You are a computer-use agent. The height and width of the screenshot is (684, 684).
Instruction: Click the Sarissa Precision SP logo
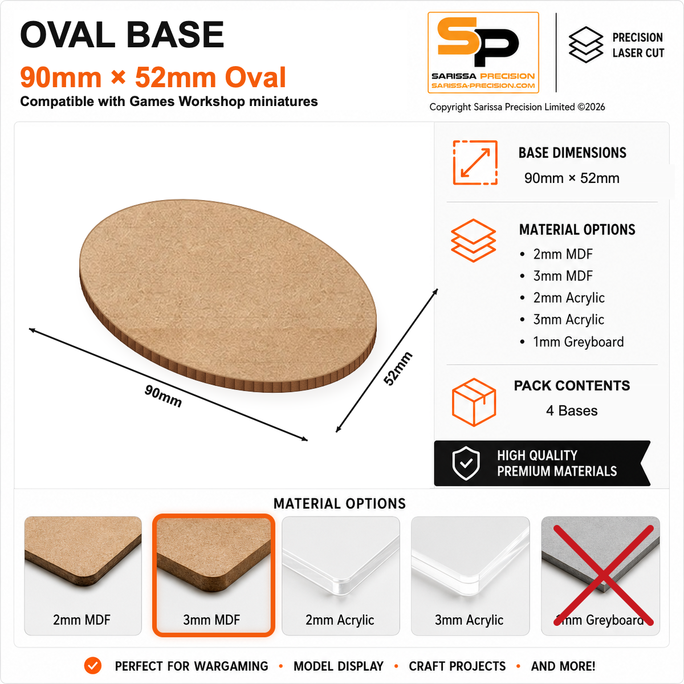[483, 52]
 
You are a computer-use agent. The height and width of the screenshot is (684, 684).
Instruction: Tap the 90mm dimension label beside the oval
[163, 396]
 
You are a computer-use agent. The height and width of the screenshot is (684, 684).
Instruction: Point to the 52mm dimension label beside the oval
[397, 368]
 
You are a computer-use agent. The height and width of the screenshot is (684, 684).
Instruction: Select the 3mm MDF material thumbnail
[213, 575]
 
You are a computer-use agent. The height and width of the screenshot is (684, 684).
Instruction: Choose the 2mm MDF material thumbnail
[83, 576]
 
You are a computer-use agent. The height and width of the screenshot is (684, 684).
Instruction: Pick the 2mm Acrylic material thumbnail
[340, 576]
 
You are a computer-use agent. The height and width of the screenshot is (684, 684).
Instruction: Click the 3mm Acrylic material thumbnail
[470, 576]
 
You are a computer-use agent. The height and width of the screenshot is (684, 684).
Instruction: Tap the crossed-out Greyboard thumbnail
[600, 576]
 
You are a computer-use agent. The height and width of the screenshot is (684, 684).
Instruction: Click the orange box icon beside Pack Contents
[474, 402]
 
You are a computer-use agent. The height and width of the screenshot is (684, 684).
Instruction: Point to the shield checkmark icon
[466, 463]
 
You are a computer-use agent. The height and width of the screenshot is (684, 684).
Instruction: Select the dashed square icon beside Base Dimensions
[475, 162]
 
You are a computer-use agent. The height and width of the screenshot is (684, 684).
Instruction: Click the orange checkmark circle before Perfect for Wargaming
[93, 666]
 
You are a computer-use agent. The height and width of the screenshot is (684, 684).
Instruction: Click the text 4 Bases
[572, 410]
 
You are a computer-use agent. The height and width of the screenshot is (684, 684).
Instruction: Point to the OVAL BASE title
[122, 34]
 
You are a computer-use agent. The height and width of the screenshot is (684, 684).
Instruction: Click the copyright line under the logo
[517, 107]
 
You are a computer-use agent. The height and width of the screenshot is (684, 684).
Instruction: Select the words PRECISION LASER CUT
[638, 45]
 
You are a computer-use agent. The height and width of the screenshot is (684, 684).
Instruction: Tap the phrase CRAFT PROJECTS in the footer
[457, 666]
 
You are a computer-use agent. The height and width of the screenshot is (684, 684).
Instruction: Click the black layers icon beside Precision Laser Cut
[586, 44]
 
